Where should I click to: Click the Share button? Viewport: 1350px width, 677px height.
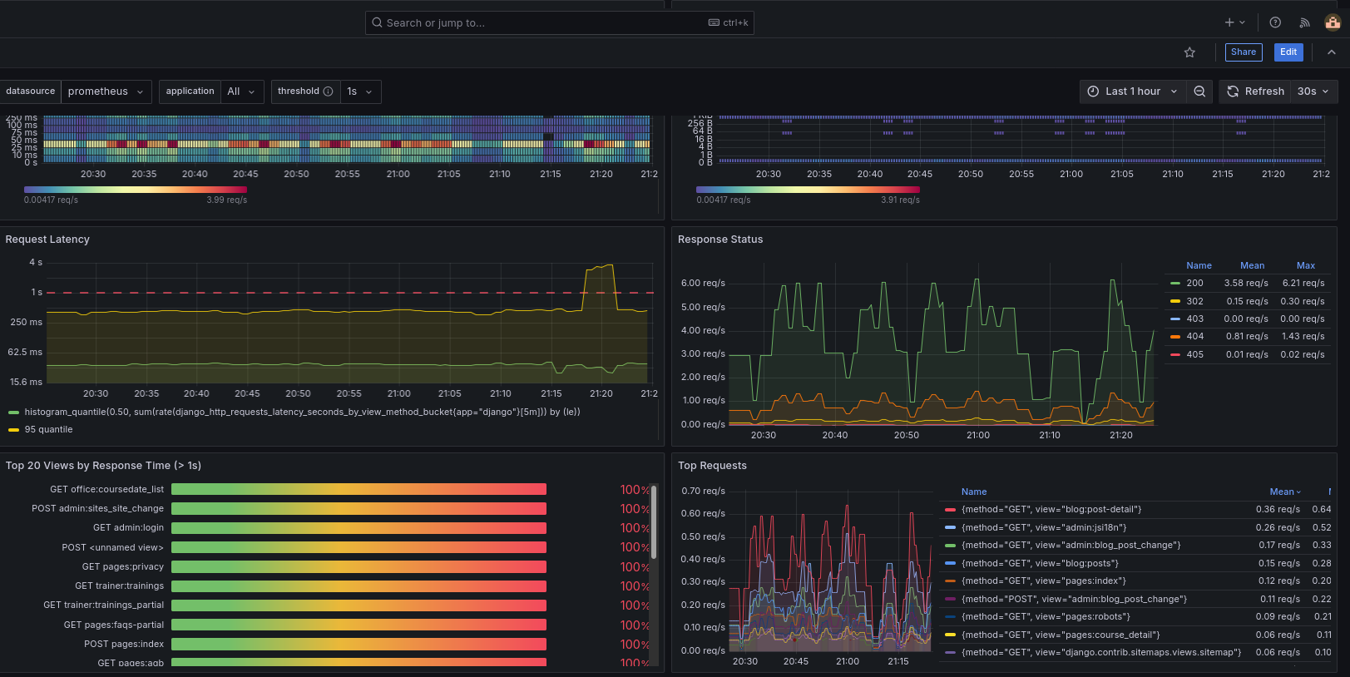coord(1243,52)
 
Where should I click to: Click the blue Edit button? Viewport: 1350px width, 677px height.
coord(1288,52)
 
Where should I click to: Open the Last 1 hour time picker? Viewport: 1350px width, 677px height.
coord(1132,91)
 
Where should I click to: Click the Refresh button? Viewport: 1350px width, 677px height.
coord(1255,91)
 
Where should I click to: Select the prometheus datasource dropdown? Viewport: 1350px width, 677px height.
coord(106,91)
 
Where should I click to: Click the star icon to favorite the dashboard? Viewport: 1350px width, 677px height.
coord(1189,52)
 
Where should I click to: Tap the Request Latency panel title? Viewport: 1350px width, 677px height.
coord(47,240)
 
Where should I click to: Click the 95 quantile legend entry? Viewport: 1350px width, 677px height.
coord(48,430)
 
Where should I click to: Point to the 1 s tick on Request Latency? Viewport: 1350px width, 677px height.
coord(37,293)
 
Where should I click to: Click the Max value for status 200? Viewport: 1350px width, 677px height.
coord(1302,284)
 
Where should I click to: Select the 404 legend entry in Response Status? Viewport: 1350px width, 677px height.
coord(1194,337)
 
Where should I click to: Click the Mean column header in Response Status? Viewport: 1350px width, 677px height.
coord(1251,266)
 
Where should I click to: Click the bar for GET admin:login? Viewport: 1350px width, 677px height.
coord(359,528)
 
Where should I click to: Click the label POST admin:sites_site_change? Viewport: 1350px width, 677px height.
coord(97,509)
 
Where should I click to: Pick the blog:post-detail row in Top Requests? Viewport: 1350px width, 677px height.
coord(1051,510)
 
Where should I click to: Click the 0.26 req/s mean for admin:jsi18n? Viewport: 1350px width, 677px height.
coord(1277,528)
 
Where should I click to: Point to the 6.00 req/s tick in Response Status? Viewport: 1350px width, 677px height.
coord(703,284)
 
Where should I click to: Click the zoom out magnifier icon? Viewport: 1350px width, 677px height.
coord(1199,91)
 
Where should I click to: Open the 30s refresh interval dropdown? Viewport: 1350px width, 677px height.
coord(1313,91)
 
